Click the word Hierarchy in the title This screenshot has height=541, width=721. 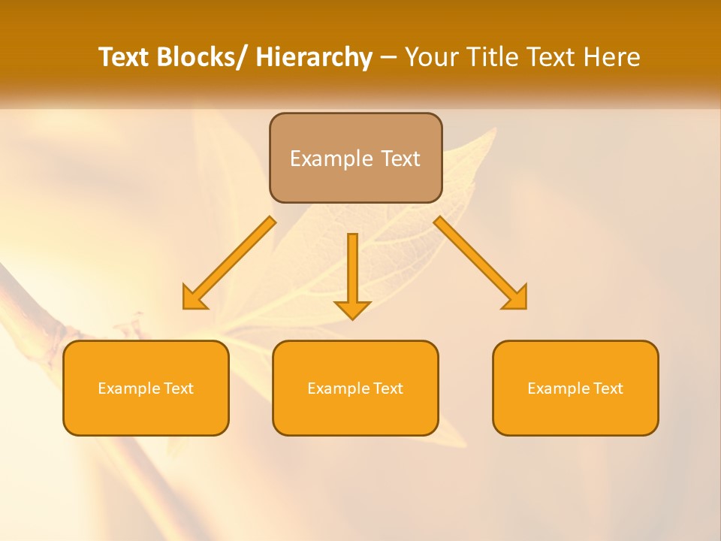point(314,58)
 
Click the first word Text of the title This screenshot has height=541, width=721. point(124,58)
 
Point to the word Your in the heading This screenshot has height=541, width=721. point(430,58)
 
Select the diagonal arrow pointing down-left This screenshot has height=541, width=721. point(233,260)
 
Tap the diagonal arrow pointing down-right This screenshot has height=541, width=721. point(477,260)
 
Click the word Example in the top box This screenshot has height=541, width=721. point(330,159)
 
